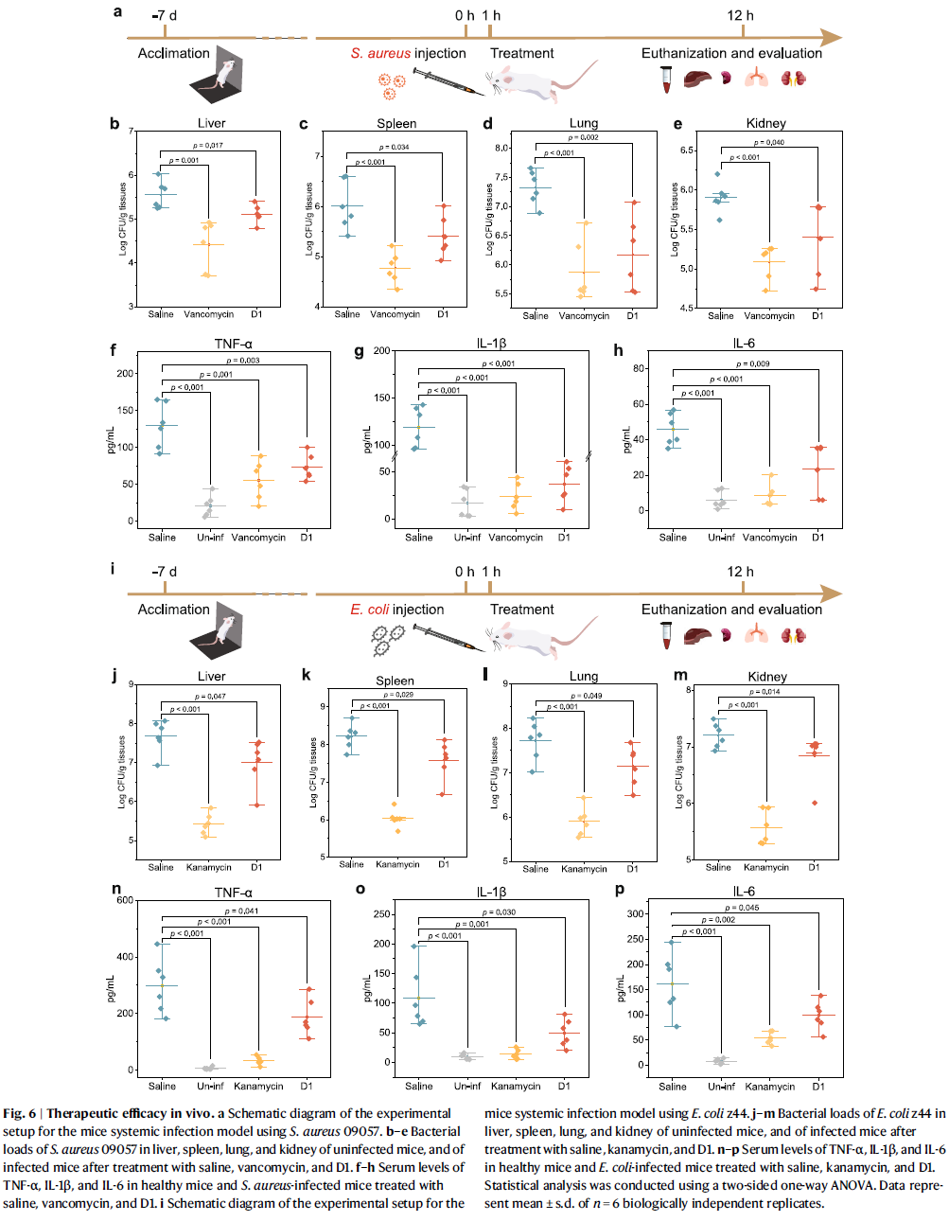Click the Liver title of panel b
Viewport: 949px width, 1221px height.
pyautogui.click(x=211, y=123)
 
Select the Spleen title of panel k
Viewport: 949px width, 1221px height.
pyautogui.click(x=395, y=681)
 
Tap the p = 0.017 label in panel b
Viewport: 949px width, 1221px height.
pyautogui.click(x=208, y=146)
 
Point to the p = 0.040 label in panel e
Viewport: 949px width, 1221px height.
pyautogui.click(x=768, y=143)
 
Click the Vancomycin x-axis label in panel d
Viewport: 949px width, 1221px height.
pyautogui.click(x=584, y=316)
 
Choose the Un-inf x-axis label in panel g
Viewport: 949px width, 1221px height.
pyautogui.click(x=467, y=538)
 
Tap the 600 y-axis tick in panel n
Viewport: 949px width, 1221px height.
pyautogui.click(x=125, y=900)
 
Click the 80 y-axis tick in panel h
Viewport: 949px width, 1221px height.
pyautogui.click(x=640, y=368)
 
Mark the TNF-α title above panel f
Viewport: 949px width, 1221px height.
pyautogui.click(x=234, y=344)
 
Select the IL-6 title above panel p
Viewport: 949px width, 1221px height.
pyautogui.click(x=744, y=892)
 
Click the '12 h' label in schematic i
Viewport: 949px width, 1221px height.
pyautogui.click(x=740, y=572)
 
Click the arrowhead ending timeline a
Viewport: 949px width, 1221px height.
pyautogui.click(x=832, y=38)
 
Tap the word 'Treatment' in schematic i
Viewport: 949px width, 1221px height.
pyautogui.click(x=521, y=610)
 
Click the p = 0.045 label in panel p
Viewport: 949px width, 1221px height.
pyautogui.click(x=742, y=908)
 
